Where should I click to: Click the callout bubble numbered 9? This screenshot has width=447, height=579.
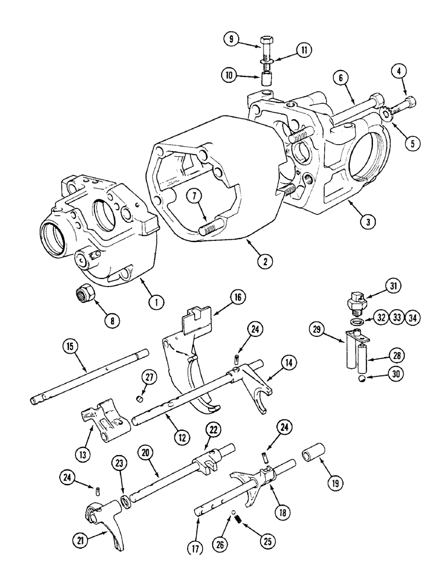230,39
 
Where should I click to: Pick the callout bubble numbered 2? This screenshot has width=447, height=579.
264,261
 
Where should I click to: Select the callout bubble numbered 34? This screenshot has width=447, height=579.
413,317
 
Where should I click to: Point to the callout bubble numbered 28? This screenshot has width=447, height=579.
398,355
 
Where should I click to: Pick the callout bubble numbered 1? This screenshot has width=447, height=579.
154,301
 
